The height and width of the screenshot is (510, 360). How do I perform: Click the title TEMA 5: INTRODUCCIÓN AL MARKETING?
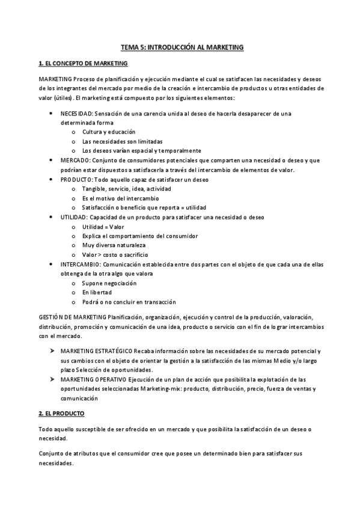point(180,46)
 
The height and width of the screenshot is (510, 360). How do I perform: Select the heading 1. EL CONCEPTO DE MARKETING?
point(79,63)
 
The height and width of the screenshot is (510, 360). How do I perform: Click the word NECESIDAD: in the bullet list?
point(76,113)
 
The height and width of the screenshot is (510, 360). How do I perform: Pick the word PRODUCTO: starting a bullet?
point(77,179)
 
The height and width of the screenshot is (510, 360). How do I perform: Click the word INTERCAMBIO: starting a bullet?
point(81,264)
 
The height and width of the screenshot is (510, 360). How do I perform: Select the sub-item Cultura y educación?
point(108,132)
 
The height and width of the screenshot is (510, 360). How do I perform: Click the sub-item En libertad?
point(97,292)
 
